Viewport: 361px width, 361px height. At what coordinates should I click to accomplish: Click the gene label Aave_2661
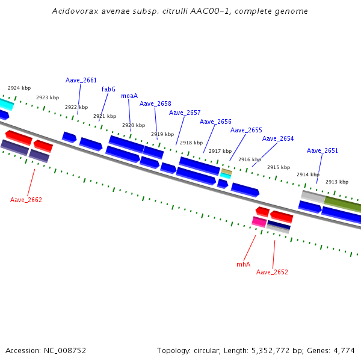click(x=81, y=80)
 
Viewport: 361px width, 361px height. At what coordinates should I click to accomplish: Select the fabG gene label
click(x=108, y=89)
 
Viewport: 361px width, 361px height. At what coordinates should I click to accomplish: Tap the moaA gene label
click(x=129, y=96)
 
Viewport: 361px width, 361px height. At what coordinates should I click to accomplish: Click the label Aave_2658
click(x=155, y=103)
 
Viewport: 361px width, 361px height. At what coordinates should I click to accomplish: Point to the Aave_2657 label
click(x=185, y=113)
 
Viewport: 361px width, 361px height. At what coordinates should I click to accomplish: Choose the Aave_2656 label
click(x=215, y=122)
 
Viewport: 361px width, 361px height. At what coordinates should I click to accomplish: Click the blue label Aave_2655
click(x=246, y=130)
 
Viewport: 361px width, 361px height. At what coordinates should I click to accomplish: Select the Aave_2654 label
click(x=278, y=138)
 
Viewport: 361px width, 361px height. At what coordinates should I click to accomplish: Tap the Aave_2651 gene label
click(x=322, y=150)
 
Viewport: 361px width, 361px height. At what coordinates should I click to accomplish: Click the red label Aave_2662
click(x=26, y=200)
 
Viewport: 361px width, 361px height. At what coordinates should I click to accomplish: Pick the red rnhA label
click(x=243, y=264)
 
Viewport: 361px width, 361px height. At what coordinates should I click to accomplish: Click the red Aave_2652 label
click(x=272, y=272)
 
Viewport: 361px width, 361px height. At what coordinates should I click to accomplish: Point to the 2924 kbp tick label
click(x=19, y=88)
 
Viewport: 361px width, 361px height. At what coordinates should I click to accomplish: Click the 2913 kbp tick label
click(x=337, y=182)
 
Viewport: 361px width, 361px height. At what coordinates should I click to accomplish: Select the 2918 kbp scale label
click(x=191, y=143)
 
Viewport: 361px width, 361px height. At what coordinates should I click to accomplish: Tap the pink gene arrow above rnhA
click(x=259, y=221)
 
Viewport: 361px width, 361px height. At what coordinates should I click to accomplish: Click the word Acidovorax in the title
click(x=71, y=11)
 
